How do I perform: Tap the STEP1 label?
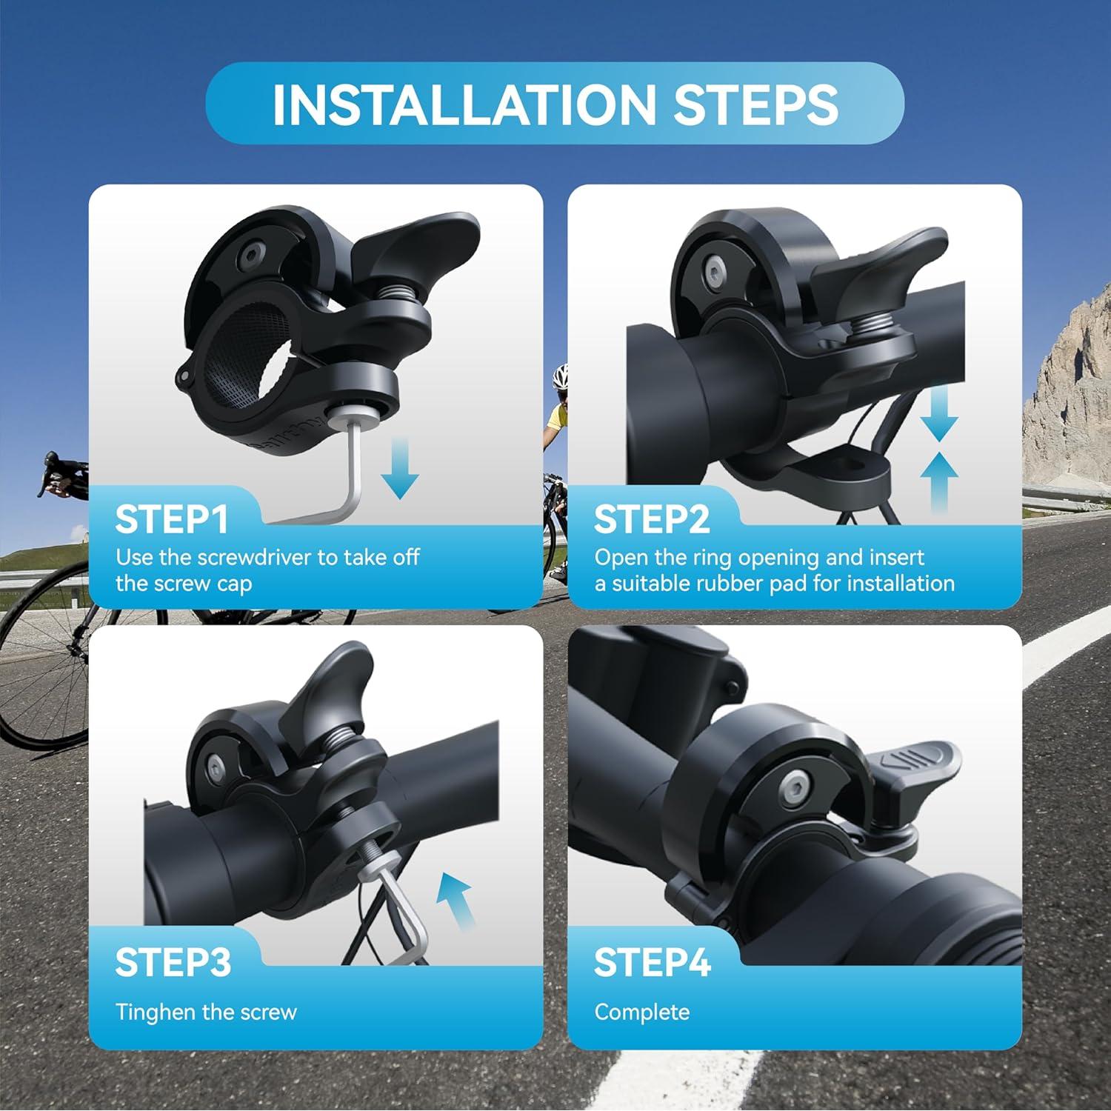click(172, 519)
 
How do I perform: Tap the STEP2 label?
click(651, 519)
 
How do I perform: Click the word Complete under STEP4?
click(641, 1012)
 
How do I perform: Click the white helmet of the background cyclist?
click(559, 376)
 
